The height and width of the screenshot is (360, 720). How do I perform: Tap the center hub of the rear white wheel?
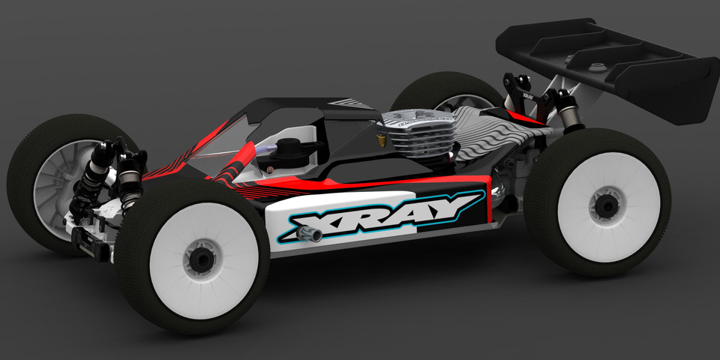click(604, 203)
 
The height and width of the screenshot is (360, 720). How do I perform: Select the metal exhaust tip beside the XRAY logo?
click(312, 236)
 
